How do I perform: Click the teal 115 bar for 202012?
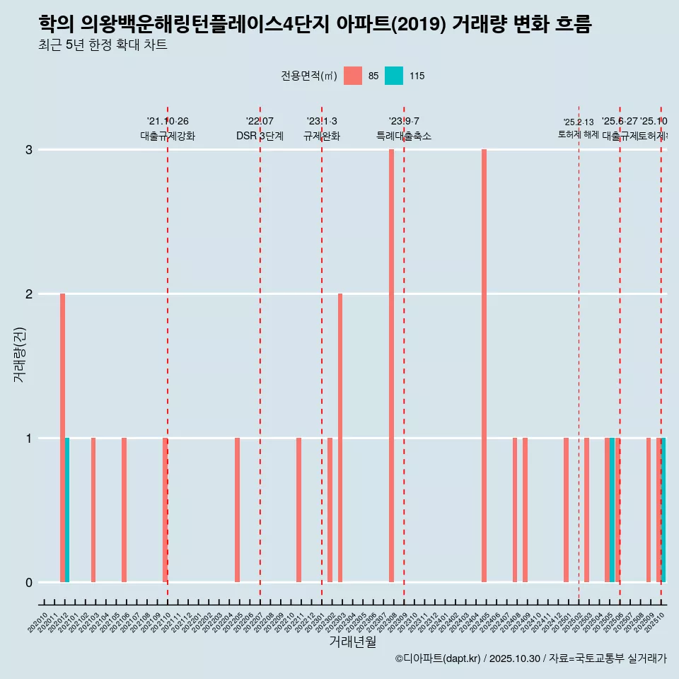tap(67, 510)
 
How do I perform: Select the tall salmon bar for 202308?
tap(391, 366)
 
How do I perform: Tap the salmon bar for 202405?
tap(484, 366)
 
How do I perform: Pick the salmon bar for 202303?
tap(340, 438)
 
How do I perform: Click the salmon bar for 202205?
tap(237, 510)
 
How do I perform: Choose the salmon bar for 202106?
tap(124, 510)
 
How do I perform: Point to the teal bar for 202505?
tap(612, 510)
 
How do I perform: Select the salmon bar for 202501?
tap(566, 510)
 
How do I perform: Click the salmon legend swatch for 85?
tap(352, 76)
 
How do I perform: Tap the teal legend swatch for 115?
tap(394, 76)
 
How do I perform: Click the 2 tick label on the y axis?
tap(29, 294)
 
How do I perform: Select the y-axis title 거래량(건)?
tap(19, 354)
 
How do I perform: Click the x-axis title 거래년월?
tap(352, 642)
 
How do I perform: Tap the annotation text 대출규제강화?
tap(168, 136)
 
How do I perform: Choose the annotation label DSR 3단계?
tap(260, 136)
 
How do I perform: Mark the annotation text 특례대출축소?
tap(403, 136)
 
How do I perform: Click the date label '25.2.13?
tap(579, 122)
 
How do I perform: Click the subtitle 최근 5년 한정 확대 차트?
tap(103, 45)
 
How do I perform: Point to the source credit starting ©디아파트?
tap(530, 658)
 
